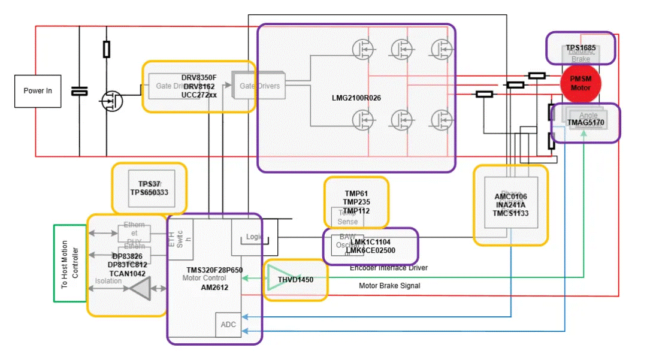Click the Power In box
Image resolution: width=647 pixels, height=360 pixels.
tap(38, 91)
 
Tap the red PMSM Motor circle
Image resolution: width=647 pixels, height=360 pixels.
tap(580, 83)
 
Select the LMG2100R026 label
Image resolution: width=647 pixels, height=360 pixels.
tap(356, 98)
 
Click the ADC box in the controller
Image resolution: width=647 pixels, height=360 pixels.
tap(228, 325)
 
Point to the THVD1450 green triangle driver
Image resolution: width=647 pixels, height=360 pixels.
tap(277, 279)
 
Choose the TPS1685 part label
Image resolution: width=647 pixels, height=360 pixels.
tap(582, 47)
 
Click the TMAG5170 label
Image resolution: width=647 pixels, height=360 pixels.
tap(586, 123)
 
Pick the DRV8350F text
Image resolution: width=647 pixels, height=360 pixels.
tap(199, 78)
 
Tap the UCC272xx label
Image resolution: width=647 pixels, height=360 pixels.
tap(199, 95)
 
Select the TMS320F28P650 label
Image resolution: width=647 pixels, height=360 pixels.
tap(214, 270)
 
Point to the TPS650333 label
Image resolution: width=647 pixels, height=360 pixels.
tap(149, 192)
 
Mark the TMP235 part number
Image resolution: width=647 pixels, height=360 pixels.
tap(356, 202)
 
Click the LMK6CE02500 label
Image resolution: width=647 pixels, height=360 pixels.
tap(370, 250)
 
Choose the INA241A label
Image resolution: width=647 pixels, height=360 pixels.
tap(511, 205)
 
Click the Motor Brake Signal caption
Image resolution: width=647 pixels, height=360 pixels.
tap(389, 286)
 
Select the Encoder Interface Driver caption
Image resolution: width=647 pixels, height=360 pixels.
tap(389, 268)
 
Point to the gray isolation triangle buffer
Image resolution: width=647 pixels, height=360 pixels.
tap(139, 289)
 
